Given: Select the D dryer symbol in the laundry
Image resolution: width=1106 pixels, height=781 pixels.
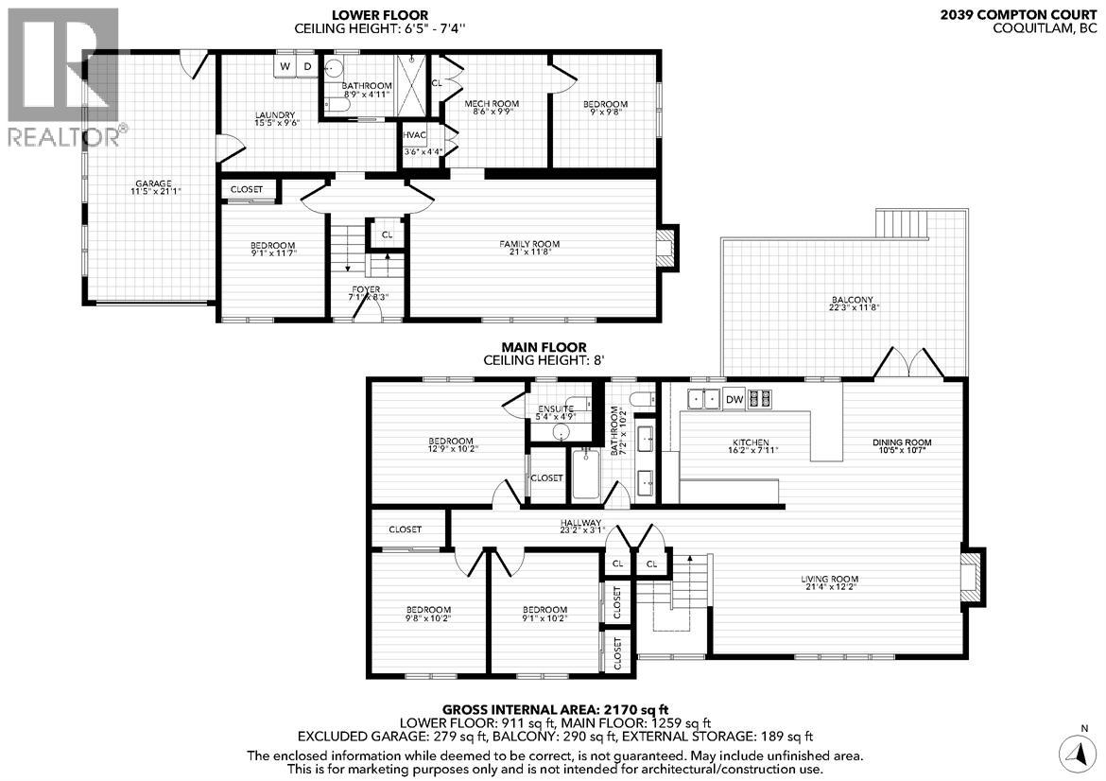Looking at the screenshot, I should (307, 65).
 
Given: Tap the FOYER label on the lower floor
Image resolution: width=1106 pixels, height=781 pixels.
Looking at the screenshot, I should (368, 289).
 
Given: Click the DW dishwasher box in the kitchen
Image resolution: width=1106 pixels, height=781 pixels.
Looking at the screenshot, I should (734, 400).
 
